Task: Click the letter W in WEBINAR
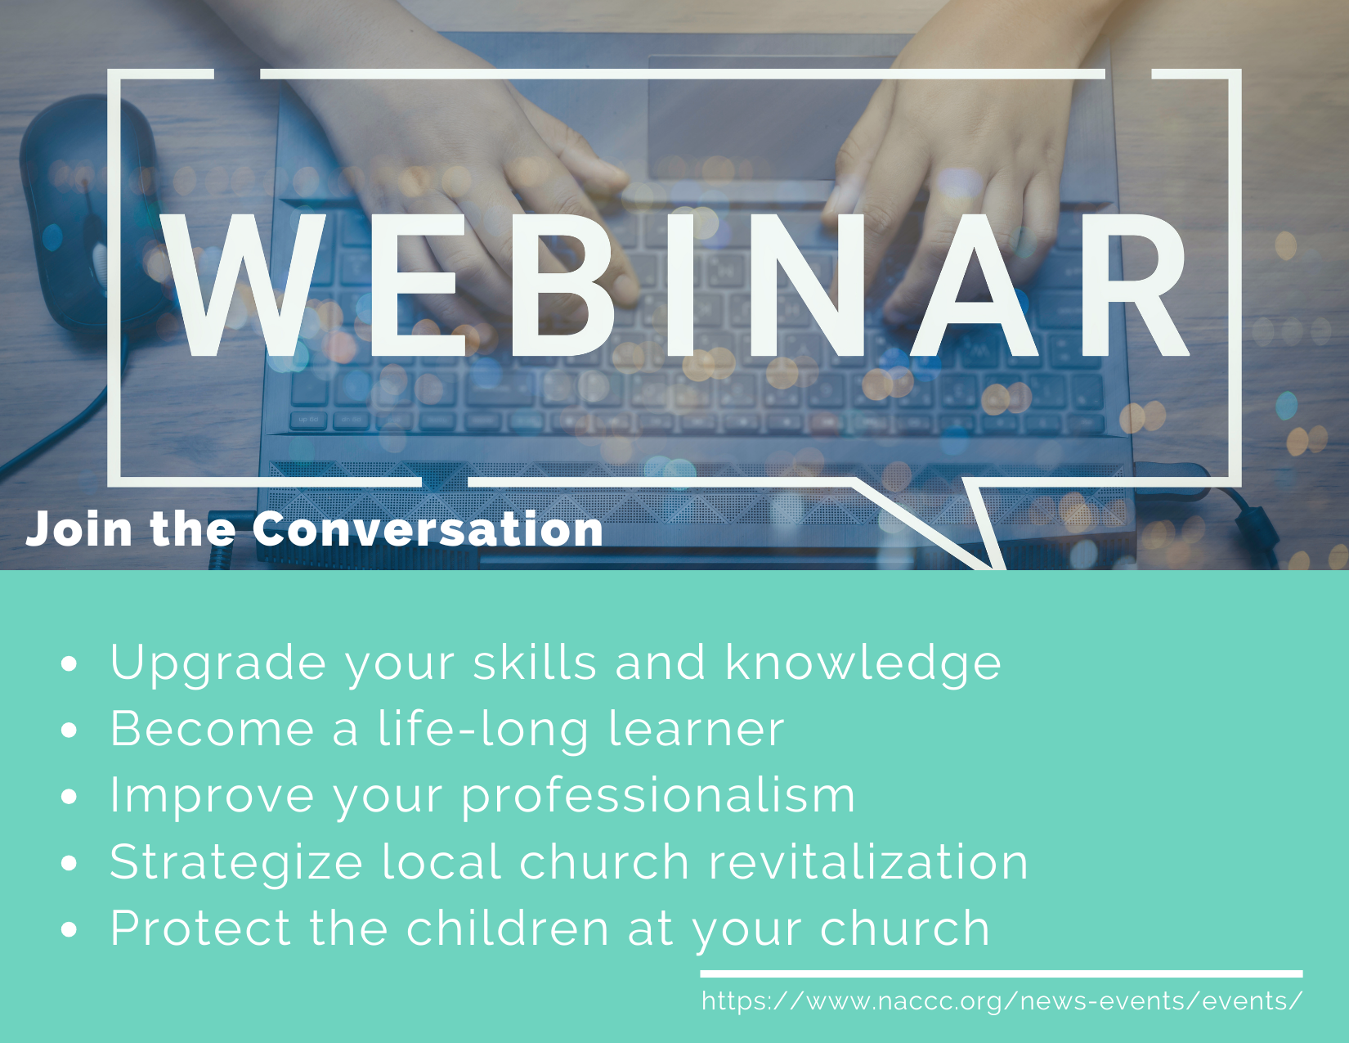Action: [244, 285]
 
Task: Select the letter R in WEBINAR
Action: [1134, 285]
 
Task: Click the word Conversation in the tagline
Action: [428, 529]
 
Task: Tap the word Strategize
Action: [236, 864]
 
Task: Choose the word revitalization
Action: [868, 862]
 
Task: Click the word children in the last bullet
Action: [508, 928]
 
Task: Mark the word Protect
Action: [200, 928]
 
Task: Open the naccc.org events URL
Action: [1002, 1001]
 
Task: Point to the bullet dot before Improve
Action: [69, 797]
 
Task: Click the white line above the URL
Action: [1002, 973]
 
